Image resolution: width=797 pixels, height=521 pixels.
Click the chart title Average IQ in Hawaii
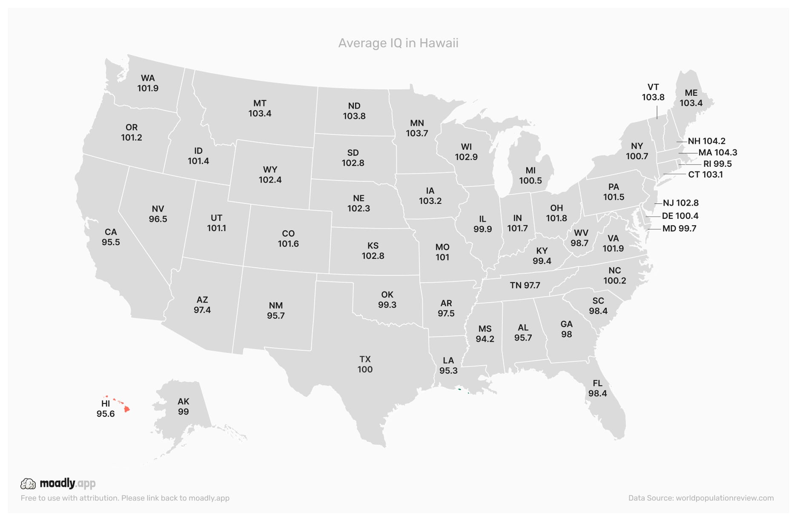398,43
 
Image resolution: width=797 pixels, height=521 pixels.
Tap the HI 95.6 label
106,409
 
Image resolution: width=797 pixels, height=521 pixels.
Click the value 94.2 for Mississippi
485,339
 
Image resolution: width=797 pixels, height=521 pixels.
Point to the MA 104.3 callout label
718,152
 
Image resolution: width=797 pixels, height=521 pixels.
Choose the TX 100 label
365,364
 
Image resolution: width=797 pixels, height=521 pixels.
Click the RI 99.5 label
717,164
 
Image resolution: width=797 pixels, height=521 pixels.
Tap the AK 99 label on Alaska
183,406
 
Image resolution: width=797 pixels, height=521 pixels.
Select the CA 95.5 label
111,237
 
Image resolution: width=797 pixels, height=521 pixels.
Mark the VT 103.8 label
653,92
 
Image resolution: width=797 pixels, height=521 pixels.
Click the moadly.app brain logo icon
28,484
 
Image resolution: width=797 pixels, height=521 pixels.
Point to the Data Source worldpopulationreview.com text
701,498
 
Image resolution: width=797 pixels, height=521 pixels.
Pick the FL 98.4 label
597,388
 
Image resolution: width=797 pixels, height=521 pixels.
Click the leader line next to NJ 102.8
658,203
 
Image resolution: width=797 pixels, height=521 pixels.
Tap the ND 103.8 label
354,111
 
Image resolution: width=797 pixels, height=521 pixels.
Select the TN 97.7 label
525,285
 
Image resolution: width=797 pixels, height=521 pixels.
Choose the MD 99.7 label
679,229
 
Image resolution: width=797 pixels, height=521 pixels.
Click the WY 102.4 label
270,175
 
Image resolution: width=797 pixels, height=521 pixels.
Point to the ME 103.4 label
691,98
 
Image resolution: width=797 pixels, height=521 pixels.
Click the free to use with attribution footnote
125,498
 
